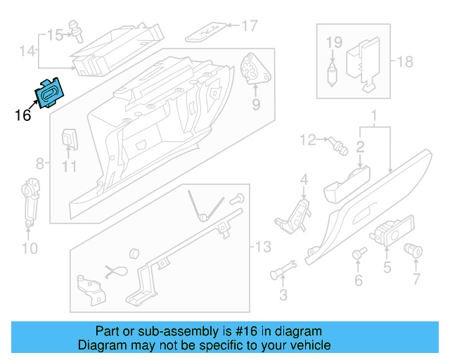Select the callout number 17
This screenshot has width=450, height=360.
[x=250, y=27]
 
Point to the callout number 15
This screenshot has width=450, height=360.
[x=55, y=34]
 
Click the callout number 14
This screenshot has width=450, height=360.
[x=26, y=51]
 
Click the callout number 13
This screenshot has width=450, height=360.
[x=262, y=247]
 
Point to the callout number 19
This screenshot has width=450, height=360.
[x=333, y=42]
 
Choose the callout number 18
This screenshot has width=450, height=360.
[x=405, y=62]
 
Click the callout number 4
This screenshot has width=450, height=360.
[x=304, y=181]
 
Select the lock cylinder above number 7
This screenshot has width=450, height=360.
[x=414, y=249]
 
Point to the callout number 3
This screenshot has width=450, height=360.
[x=283, y=293]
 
